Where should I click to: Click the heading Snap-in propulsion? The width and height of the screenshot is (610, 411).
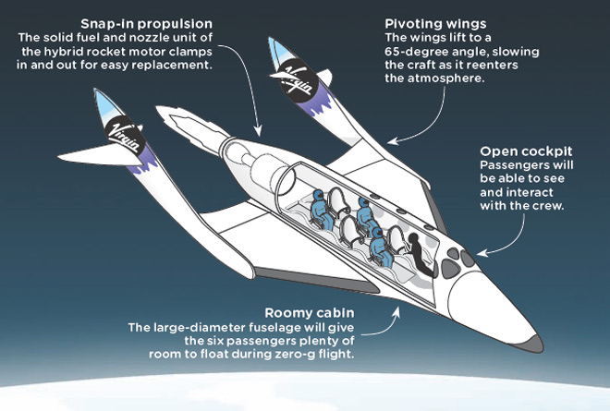[x=147, y=24]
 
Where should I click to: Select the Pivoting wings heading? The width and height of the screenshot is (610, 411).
[x=435, y=24]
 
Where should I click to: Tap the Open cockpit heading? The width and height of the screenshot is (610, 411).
[x=526, y=151]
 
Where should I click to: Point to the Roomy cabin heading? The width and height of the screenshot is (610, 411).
[x=310, y=313]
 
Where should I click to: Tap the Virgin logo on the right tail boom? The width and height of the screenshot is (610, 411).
[x=297, y=82]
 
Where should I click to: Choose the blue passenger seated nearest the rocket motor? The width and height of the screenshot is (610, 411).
[x=322, y=209]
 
